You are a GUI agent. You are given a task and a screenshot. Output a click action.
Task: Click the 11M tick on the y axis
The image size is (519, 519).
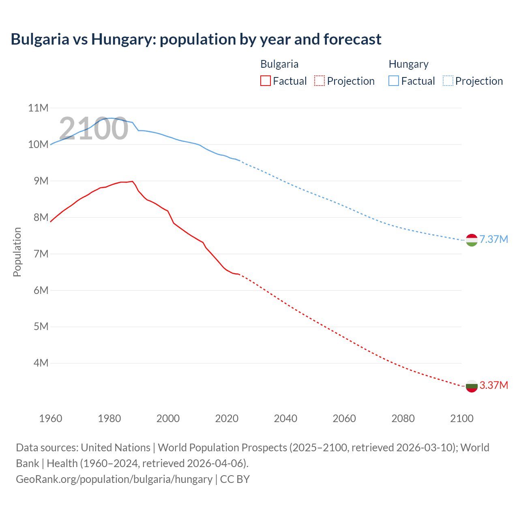pos(38,108)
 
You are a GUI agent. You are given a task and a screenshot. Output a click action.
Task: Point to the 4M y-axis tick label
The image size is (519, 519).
pos(41,363)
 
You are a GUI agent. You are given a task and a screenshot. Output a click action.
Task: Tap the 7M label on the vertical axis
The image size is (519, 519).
pos(41,254)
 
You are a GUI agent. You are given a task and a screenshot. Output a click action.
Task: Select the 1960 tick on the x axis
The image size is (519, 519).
pos(51,418)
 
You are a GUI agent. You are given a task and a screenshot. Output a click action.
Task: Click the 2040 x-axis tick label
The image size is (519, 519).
pos(285,418)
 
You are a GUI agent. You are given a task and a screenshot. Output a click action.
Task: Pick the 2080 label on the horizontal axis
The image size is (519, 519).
pos(403,418)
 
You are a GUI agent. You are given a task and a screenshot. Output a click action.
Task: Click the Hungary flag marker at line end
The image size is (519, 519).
pos(472,240)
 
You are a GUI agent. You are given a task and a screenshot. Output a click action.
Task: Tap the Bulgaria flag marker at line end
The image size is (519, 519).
pos(472,386)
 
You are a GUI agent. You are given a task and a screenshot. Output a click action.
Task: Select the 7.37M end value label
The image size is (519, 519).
pos(493,239)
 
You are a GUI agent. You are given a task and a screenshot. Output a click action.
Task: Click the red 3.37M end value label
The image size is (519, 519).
pos(493,385)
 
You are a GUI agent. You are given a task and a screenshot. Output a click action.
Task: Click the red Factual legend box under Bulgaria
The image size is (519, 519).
pos(266,81)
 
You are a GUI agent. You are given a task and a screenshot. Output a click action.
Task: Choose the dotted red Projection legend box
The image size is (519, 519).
pos(320,81)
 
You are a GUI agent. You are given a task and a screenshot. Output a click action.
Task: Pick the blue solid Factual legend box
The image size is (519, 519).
pos(394,81)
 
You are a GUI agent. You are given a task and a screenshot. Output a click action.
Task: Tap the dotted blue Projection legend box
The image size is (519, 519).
pos(448,81)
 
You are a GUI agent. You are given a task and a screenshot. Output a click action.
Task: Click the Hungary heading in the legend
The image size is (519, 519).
pos(408,64)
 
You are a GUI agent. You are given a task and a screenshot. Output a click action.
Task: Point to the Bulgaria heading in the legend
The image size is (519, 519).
pos(279,64)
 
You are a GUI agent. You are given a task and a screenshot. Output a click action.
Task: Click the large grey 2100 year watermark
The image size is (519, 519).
pos(94,129)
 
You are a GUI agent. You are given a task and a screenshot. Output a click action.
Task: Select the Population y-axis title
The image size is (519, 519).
pos(17,252)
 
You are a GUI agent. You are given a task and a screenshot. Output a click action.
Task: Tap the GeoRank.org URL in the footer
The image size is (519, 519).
pos(114,479)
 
